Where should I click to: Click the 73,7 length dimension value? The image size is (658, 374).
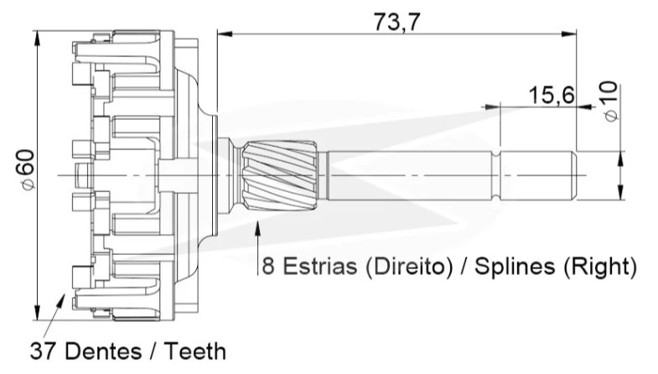coord(396,22)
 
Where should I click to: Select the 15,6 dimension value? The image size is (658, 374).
coord(551,96)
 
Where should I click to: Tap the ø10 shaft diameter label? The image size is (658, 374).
coord(611,101)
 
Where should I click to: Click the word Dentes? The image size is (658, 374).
coord(105,351)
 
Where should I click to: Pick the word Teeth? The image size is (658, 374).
coord(194,351)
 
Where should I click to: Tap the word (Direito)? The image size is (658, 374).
coord(409,267)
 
